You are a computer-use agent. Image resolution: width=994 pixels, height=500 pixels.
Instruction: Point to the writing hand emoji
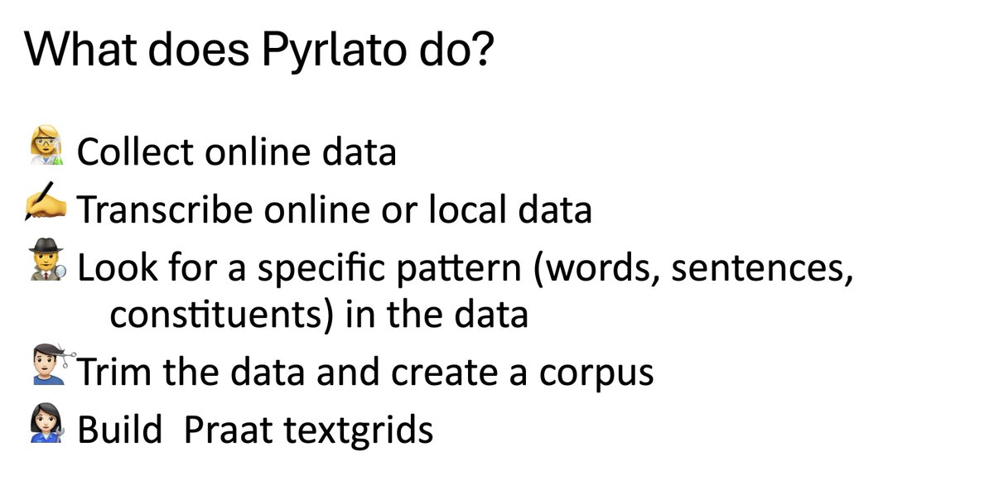[46, 207]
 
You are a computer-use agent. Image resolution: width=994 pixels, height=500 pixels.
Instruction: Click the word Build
[119, 430]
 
